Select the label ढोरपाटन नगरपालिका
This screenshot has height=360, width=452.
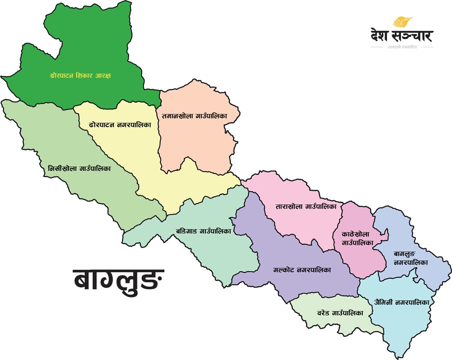[118, 124]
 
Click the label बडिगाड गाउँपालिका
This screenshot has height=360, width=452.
[203, 231]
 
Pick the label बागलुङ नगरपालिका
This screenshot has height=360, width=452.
[411, 258]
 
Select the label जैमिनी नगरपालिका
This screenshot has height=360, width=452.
[401, 303]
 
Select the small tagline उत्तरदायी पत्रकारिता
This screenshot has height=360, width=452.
[401, 47]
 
